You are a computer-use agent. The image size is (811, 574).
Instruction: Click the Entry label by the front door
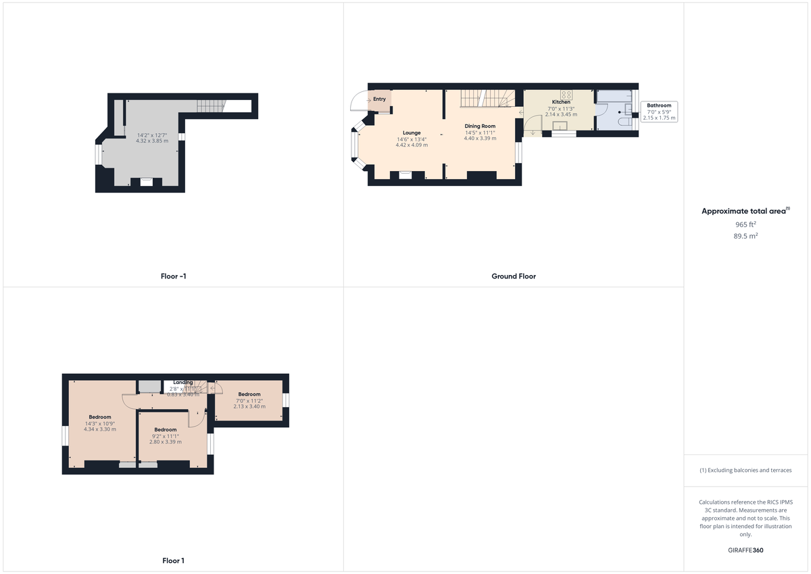(x=379, y=99)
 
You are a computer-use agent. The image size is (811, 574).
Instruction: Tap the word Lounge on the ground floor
(x=412, y=133)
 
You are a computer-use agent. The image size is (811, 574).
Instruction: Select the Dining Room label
(x=480, y=126)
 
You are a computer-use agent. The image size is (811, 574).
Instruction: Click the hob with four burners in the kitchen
(x=566, y=95)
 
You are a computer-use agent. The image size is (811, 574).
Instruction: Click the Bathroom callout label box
(x=659, y=112)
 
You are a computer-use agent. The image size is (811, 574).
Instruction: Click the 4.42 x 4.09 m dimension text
(x=412, y=145)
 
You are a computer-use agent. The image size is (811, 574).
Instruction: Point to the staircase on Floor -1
(x=210, y=106)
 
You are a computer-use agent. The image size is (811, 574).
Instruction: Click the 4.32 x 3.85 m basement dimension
(x=152, y=141)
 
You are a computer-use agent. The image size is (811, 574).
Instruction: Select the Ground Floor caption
(x=514, y=276)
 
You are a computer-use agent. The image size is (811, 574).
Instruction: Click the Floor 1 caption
(x=173, y=560)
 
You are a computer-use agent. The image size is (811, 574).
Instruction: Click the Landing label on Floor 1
(x=182, y=382)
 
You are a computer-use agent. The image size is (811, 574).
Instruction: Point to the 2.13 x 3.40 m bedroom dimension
(x=249, y=406)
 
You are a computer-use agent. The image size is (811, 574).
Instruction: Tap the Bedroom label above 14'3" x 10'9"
(x=100, y=417)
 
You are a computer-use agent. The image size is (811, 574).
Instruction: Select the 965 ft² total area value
(x=746, y=224)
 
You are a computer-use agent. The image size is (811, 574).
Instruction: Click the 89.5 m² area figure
(x=746, y=236)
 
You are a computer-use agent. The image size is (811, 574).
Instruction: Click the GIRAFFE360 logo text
(x=746, y=550)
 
